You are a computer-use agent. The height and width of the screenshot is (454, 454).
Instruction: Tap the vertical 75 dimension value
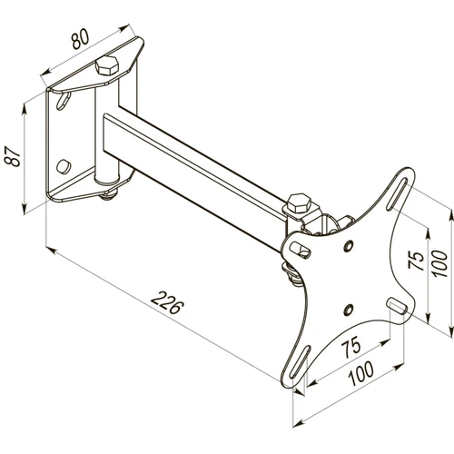(x=416, y=262)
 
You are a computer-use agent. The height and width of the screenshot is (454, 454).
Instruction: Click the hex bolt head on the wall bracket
(x=107, y=65)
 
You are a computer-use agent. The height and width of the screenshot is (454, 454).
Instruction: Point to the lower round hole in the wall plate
(x=62, y=166)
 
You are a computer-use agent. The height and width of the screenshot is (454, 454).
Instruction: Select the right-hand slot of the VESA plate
(x=397, y=304)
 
